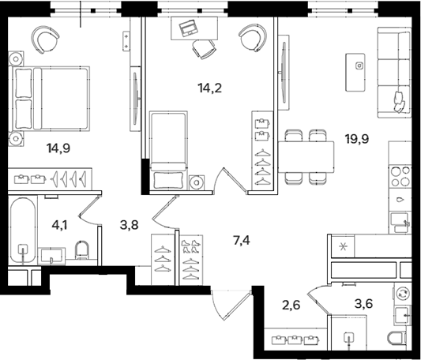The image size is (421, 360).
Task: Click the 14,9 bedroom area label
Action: (x=58, y=148)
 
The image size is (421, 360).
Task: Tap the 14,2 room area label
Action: (x=210, y=88)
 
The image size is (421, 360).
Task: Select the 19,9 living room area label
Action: (x=357, y=139)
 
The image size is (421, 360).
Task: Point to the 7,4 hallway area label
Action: (x=242, y=240)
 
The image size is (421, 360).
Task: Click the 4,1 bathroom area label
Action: (x=59, y=225)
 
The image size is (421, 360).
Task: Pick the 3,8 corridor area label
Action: (x=130, y=225)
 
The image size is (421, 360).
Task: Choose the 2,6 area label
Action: (x=291, y=305)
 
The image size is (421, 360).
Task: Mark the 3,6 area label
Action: (x=363, y=304)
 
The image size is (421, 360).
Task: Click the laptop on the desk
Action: (x=188, y=28)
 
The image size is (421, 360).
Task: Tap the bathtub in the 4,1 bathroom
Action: (x=23, y=231)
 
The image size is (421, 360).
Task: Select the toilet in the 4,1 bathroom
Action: (x=82, y=249)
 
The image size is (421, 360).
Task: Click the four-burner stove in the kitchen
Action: (x=400, y=176)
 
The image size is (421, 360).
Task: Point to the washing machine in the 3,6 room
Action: (x=403, y=293)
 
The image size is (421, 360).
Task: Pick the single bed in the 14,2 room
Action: (x=168, y=150)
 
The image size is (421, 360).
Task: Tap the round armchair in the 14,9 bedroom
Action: (x=45, y=40)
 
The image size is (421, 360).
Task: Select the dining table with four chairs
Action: (x=306, y=157)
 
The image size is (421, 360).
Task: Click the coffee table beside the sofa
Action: (x=355, y=72)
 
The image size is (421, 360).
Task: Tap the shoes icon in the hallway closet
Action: (x=190, y=246)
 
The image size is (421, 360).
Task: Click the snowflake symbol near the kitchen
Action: (x=343, y=247)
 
